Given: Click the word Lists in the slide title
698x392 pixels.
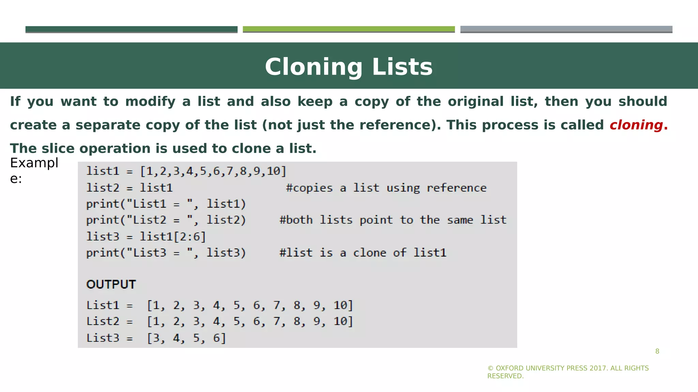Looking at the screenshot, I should pos(402,67).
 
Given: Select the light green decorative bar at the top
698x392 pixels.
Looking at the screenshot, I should pos(349,29).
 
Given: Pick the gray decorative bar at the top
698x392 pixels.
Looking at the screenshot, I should pos(566,29).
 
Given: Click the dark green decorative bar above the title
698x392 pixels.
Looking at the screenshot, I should pos(131,29).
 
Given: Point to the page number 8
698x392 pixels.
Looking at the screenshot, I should pos(657,351).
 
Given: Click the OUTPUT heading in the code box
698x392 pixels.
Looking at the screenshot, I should pos(111,284).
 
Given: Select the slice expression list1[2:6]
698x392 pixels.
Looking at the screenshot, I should pos(173,236).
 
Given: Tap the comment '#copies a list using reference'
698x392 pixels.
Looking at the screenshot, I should pos(386,188).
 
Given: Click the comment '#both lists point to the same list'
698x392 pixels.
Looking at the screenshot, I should pos(393,220).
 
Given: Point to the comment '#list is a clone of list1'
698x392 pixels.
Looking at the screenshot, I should pos(363,252).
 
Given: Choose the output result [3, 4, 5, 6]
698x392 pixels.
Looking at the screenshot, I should pos(186,338).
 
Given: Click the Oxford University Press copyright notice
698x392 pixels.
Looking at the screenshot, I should pos(568,372).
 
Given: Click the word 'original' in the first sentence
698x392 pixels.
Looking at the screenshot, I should pos(475,101).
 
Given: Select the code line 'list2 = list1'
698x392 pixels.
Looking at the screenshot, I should pos(130,188).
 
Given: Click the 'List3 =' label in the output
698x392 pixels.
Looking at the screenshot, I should pos(109,338).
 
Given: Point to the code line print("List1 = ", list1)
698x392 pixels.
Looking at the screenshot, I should pos(166,204).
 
